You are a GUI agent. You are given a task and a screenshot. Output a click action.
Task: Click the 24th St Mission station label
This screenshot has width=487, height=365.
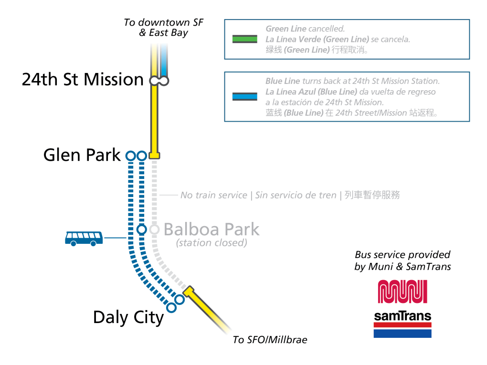click(x=83, y=80)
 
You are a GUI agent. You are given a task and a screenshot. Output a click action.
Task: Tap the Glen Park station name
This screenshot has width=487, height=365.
click(x=82, y=155)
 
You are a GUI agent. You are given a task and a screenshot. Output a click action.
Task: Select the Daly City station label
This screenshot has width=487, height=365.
click(x=128, y=317)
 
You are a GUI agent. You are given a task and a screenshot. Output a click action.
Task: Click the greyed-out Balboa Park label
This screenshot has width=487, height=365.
click(x=211, y=229)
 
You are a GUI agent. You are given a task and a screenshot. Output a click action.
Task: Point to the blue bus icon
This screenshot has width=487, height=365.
click(x=84, y=238)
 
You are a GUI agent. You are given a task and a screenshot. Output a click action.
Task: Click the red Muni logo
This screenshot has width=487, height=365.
click(x=402, y=292)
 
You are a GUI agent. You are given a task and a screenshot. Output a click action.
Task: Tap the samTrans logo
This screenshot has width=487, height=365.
click(x=402, y=324)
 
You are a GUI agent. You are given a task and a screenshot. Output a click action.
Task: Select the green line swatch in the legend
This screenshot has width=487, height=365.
click(x=244, y=39)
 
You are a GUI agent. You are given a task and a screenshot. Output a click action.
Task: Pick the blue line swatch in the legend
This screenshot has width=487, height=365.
click(x=244, y=96)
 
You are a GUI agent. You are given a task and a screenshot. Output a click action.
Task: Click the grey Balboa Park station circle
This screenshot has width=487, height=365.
click(x=154, y=229)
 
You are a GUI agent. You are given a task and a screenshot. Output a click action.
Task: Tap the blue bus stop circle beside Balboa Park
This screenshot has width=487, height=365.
click(x=141, y=229)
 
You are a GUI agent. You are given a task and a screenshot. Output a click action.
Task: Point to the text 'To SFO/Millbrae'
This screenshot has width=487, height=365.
click(x=270, y=340)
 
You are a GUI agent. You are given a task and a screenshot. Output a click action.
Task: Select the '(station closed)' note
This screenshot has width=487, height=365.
click(x=211, y=243)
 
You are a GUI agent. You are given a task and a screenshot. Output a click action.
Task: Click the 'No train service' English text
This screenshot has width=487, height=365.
click(x=213, y=195)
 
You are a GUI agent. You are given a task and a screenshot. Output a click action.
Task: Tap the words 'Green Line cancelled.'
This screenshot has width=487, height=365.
click(x=305, y=29)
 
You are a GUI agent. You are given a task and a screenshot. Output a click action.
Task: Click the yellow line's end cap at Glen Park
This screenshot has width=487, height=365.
click(x=154, y=156)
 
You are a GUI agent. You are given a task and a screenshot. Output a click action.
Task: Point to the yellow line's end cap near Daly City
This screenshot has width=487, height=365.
click(x=189, y=292)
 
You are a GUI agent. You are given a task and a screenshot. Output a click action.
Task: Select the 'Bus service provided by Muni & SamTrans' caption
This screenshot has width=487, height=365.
click(x=402, y=261)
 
